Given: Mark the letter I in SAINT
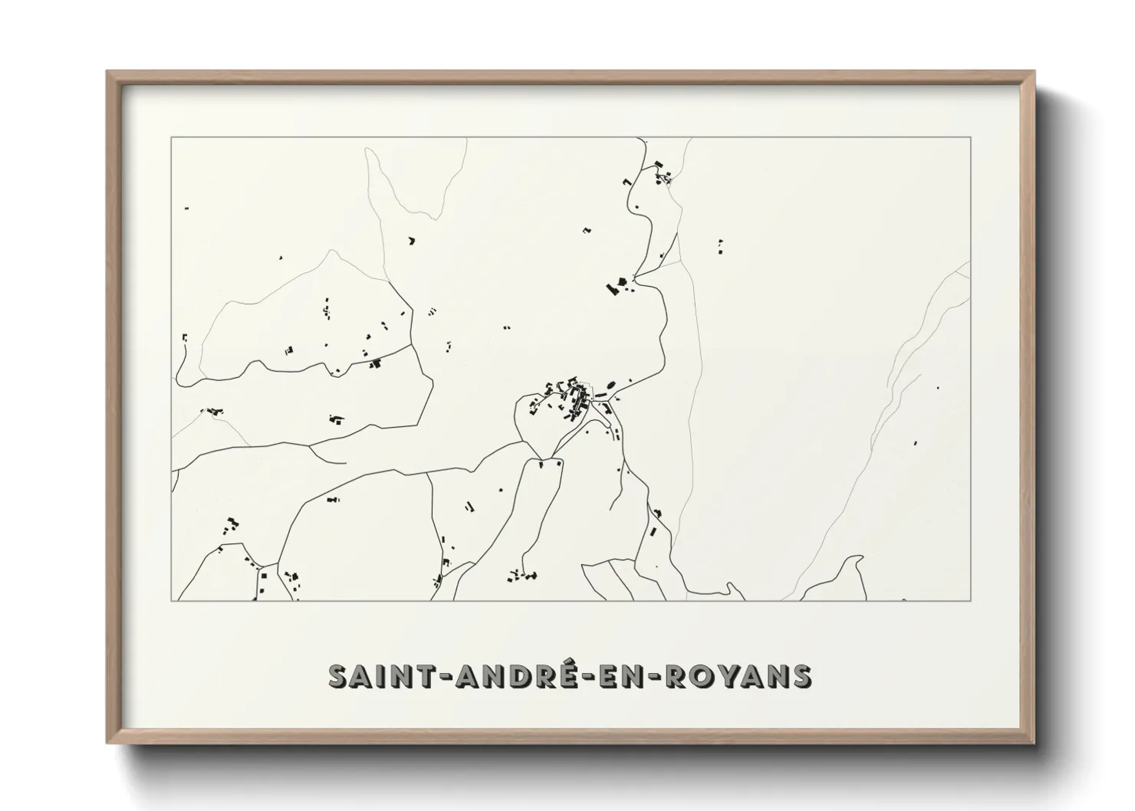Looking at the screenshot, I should pyautogui.click(x=387, y=677).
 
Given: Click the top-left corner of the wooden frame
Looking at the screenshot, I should pyautogui.click(x=107, y=72).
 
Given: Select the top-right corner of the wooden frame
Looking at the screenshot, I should pyautogui.click(x=1034, y=72).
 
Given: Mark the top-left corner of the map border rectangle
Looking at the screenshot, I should pyautogui.click(x=171, y=137).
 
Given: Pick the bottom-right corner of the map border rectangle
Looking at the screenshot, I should pyautogui.click(x=970, y=600).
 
